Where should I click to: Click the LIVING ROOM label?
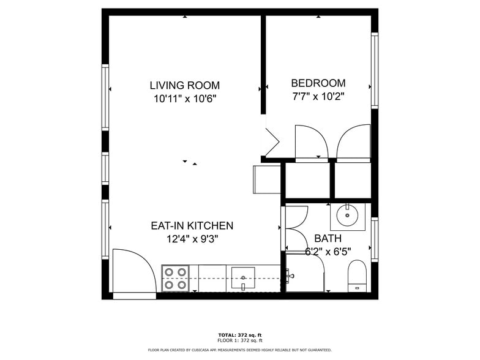tap(184, 85)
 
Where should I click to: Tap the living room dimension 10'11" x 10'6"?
tap(184, 99)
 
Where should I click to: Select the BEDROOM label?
tap(318, 83)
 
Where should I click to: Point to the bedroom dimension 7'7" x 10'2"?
tap(318, 97)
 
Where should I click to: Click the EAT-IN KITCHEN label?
tap(192, 226)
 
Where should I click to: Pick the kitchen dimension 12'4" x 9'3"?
tap(192, 239)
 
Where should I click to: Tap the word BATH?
tap(328, 238)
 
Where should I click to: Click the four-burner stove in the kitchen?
tap(175, 278)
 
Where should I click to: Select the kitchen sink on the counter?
tap(243, 279)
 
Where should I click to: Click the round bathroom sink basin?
tap(348, 216)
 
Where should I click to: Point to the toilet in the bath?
tap(356, 276)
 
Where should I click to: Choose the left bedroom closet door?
tap(312, 143)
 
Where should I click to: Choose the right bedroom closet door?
tap(354, 143)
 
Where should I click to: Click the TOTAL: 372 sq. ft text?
tap(239, 335)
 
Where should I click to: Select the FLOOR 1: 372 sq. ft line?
tap(239, 340)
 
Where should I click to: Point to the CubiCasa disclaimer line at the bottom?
tap(239, 350)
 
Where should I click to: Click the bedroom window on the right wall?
tap(374, 70)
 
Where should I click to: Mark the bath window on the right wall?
tap(374, 239)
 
